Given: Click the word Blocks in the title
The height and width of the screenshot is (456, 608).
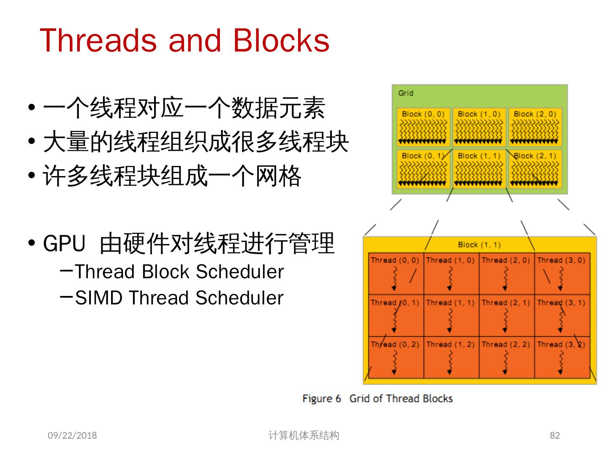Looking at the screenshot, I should tap(280, 41).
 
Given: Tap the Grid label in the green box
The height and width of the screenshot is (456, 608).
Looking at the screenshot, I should tap(406, 93).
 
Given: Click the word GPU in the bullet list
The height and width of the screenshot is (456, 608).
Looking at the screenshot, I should tap(64, 244).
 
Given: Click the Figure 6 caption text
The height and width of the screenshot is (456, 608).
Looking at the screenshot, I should tap(377, 399).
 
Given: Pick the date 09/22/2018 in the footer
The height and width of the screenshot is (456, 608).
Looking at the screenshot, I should tap(72, 435).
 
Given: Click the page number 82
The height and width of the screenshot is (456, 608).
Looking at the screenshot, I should tap(555, 435).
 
